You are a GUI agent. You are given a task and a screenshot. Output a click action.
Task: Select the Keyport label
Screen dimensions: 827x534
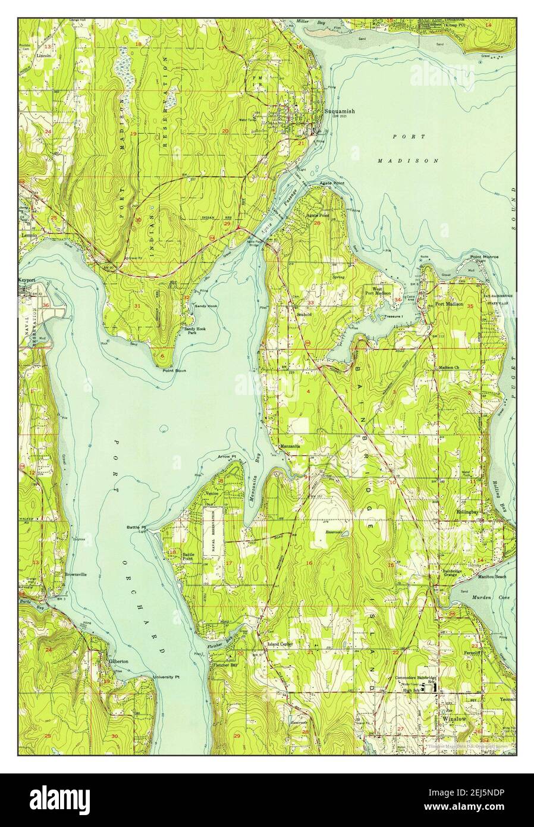[28, 278]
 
